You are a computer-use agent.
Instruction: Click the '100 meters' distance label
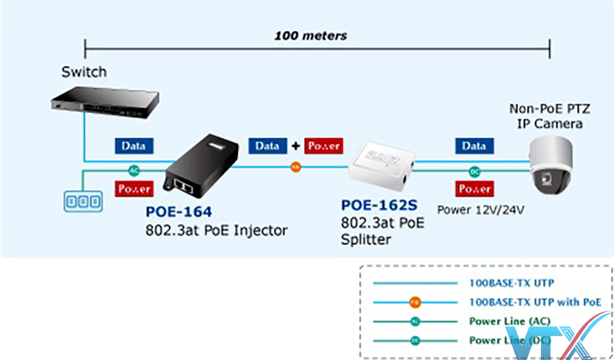coord(312,35)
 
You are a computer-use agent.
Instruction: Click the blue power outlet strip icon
coord(81,202)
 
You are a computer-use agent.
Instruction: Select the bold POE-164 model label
coord(180,211)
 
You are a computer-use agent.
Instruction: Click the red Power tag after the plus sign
coord(323,145)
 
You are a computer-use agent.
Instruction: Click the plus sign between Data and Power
coord(295,145)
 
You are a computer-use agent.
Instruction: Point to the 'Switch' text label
coord(84,72)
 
